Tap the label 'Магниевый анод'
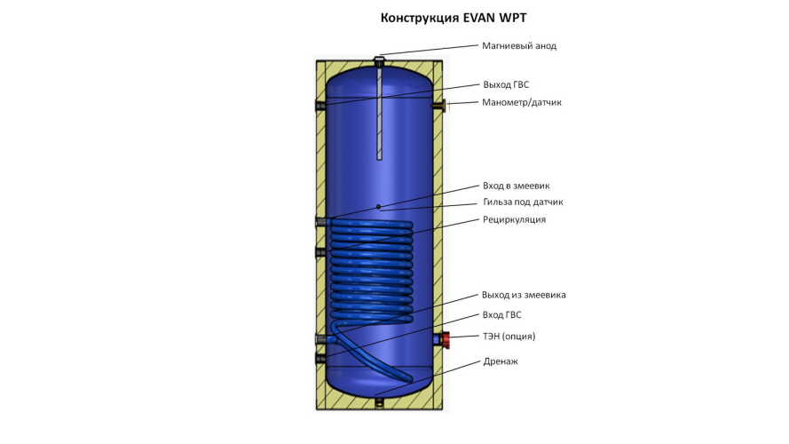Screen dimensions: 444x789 click(519, 45)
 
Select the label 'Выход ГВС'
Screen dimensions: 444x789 click(506, 84)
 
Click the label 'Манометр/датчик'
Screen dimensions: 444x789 click(522, 102)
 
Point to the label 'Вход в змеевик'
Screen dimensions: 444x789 click(517, 186)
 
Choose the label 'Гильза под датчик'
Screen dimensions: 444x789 click(523, 202)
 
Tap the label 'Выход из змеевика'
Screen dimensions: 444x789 click(524, 295)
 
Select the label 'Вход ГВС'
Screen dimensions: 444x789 click(502, 315)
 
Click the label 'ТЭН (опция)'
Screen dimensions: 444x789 click(509, 337)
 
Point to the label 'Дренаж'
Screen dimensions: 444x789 click(500, 361)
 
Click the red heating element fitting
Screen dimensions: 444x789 click(443, 338)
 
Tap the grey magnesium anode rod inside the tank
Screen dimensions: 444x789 click(379, 115)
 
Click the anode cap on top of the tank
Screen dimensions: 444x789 click(379, 59)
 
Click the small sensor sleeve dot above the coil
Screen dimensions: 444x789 click(379, 207)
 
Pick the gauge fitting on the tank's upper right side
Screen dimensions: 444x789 click(443, 106)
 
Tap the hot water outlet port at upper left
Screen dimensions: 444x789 click(320, 106)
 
